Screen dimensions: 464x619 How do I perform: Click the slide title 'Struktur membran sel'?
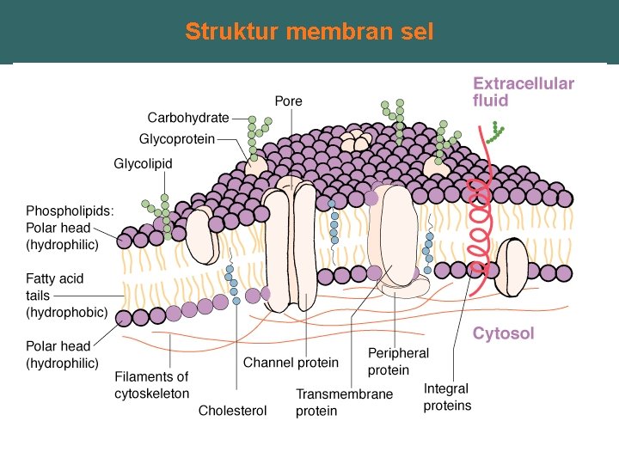point(309,33)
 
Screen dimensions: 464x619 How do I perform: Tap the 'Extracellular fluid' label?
point(524,92)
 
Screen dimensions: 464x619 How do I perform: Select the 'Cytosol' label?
point(503,333)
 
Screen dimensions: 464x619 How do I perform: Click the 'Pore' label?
point(288,101)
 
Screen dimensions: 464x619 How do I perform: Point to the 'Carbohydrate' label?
point(188,118)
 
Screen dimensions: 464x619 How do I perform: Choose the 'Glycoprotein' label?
point(177,138)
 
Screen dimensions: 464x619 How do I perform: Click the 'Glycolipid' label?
point(144,163)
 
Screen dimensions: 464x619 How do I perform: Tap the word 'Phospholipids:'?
point(70,211)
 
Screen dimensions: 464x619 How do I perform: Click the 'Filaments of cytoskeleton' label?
point(151,385)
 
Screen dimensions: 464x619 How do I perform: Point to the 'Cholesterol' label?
point(232,411)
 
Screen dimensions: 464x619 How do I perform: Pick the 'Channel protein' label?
point(291,363)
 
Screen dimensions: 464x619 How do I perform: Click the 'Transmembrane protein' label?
point(344,402)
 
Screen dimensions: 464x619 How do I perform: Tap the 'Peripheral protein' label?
point(398,362)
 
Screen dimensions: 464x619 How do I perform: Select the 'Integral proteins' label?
point(447,397)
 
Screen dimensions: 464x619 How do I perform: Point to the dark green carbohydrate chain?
point(495,131)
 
